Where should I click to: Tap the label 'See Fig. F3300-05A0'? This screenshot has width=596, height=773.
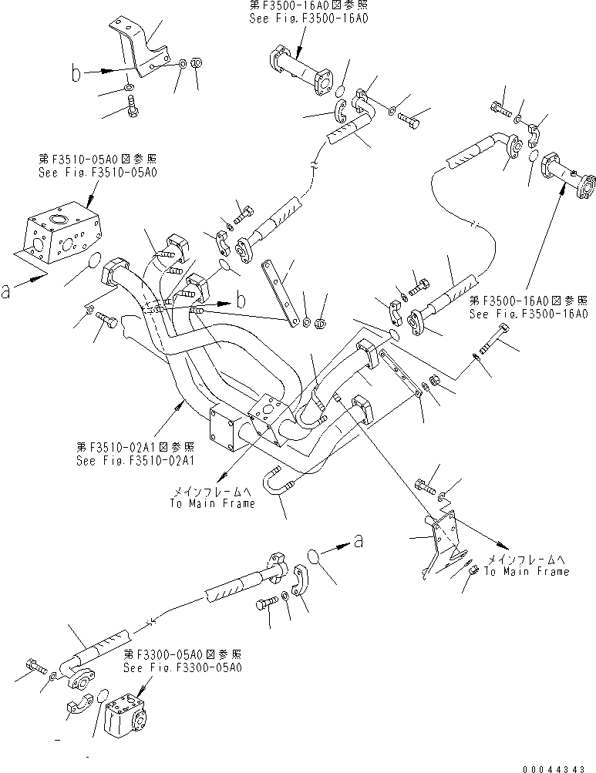(x=183, y=667)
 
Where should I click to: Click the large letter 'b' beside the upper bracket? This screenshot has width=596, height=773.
(x=76, y=74)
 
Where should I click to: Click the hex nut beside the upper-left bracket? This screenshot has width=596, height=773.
(x=196, y=62)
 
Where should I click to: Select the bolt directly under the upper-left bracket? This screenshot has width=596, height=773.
(x=130, y=106)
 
